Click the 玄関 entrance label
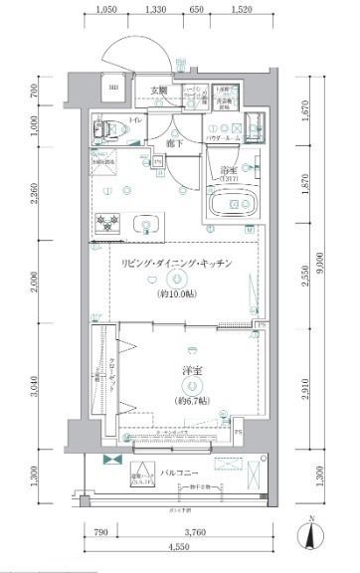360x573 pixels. pos(159,91)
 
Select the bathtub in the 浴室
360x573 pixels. pos(235,205)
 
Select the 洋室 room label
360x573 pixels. pos(192,371)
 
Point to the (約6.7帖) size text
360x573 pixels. pos(192,401)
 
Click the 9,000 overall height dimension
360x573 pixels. pos(320,260)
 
